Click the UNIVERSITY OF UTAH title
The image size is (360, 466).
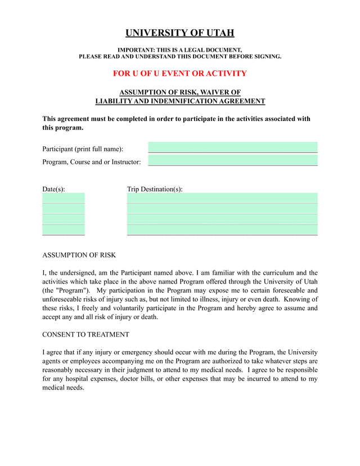pyautogui.click(x=179, y=33)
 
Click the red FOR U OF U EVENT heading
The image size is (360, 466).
pyautogui.click(x=179, y=74)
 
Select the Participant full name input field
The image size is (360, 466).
pyautogui.click(x=233, y=147)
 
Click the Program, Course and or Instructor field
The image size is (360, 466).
pyautogui.click(x=233, y=160)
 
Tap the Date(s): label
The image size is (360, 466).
pyautogui.click(x=53, y=189)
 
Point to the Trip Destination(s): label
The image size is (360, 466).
pyautogui.click(x=155, y=189)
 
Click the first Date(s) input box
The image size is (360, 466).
pyautogui.click(x=64, y=198)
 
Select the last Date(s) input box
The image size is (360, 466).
pyautogui.click(x=64, y=230)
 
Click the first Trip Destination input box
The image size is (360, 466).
pyautogui.click(x=222, y=198)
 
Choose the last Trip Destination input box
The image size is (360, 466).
pyautogui.click(x=222, y=230)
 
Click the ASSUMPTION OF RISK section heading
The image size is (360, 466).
pyautogui.click(x=79, y=255)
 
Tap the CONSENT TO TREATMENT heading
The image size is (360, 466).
pyautogui.click(x=85, y=334)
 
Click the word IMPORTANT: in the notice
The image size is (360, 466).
pyautogui.click(x=137, y=50)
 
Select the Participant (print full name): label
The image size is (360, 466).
pyautogui.click(x=83, y=149)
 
